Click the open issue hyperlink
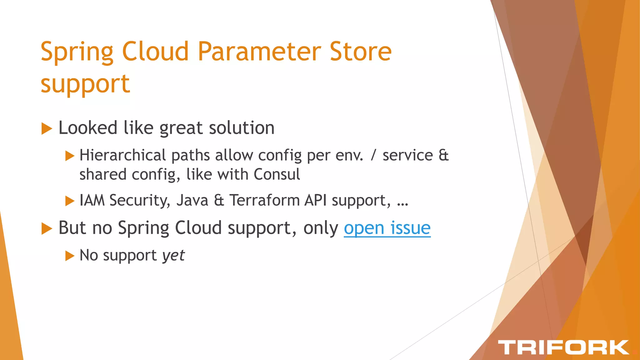387,228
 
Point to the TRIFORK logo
563,347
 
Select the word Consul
277,174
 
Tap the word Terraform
265,200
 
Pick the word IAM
92,200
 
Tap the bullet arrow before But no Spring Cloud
47,228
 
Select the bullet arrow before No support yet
70,256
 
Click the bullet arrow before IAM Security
70,201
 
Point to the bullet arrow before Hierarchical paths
70,156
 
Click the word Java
192,200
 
